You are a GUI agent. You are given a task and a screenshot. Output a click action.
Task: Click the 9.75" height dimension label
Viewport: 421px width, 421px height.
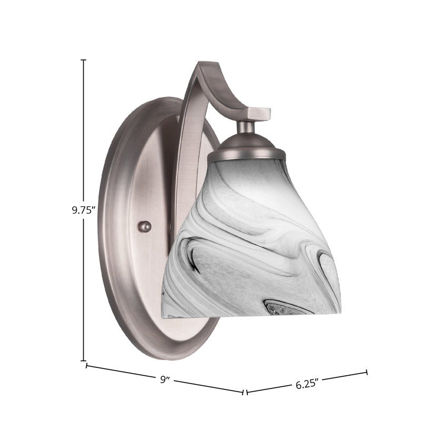tap(84, 210)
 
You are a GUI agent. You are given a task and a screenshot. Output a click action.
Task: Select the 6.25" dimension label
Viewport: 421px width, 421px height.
tap(307, 385)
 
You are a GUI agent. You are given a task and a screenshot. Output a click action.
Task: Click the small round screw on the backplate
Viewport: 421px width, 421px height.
tap(145, 226)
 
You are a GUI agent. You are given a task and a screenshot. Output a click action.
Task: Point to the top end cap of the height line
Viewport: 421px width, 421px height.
tap(84, 60)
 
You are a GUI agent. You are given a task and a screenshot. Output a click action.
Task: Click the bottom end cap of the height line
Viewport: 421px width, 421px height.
tap(84, 360)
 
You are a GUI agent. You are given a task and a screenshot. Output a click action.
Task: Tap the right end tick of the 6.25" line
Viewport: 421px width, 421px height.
tap(366, 372)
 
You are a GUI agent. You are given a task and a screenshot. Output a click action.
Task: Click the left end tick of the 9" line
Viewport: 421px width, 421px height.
tap(86, 366)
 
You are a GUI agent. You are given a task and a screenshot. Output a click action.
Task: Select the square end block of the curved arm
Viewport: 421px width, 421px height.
tap(259, 114)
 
